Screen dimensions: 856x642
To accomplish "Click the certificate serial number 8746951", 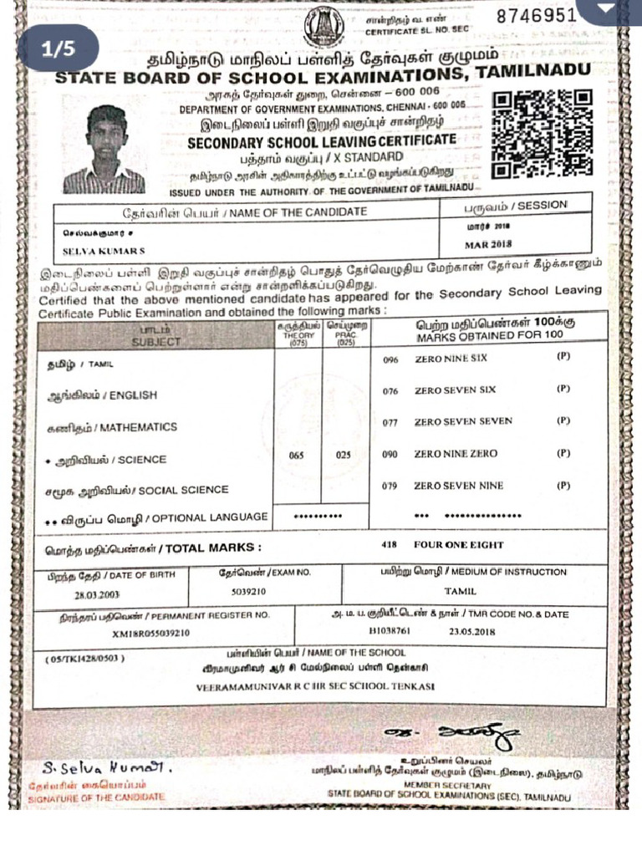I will point(537,16).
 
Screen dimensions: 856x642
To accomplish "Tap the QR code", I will point(542,135).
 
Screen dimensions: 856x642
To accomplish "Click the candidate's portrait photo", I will point(104,150).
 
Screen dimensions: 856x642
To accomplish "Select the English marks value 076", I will point(390,390).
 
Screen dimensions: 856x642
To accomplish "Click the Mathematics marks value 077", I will point(390,422).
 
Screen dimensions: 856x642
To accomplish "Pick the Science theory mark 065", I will point(297,456).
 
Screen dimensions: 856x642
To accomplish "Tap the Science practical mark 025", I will point(344,456).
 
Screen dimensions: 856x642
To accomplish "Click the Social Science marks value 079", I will point(390,486).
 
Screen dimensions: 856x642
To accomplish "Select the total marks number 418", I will point(389,545).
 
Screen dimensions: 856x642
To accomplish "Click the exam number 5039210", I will point(248,591).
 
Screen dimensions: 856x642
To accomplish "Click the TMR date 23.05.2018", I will point(472,631).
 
